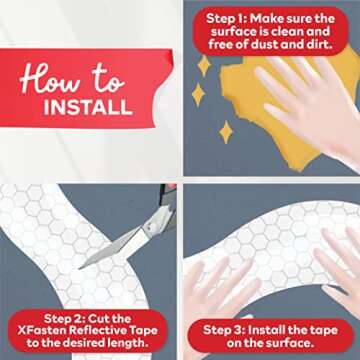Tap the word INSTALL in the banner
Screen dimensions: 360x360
click(87, 106)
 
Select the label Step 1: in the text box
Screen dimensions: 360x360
click(232, 18)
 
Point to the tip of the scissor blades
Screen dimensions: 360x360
click(84, 264)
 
